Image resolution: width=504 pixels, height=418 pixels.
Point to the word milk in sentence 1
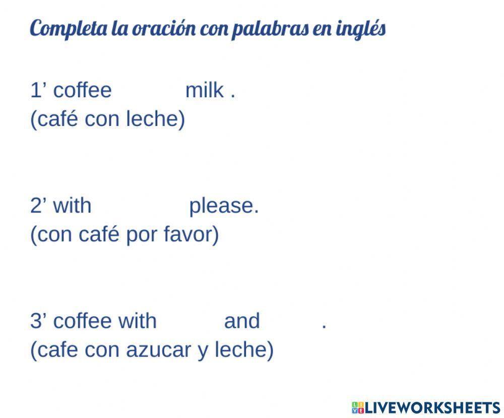[x=205, y=91]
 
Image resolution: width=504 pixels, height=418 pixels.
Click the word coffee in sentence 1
[x=83, y=91]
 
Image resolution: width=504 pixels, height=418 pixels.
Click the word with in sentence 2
[x=72, y=205]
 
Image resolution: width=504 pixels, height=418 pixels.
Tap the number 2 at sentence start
[x=35, y=205]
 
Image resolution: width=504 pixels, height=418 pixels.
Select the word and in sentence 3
[x=242, y=321]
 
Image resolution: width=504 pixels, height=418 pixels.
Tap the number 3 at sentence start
[x=35, y=321]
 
